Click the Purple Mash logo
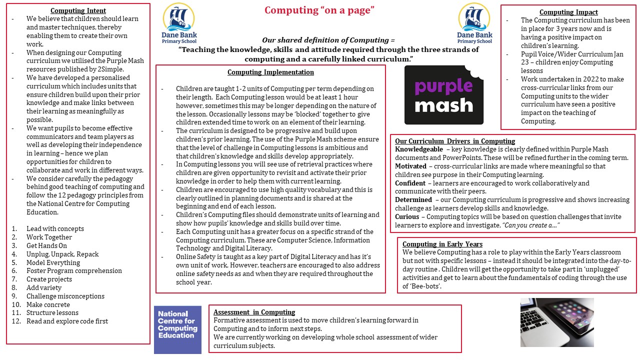tap(444, 95)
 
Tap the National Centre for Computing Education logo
tap(177, 329)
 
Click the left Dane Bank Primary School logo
tap(178, 23)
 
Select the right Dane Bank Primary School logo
tap(474, 23)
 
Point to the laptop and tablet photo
tap(557, 322)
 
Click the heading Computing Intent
tap(78, 10)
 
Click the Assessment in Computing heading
tap(254, 312)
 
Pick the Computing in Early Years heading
tap(442, 244)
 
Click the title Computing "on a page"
tap(319, 10)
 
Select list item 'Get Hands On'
tap(46, 245)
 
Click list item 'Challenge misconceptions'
tap(65, 296)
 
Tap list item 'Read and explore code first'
tap(67, 321)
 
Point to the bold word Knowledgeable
tap(418, 149)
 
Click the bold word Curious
tap(407, 216)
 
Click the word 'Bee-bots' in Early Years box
tap(424, 286)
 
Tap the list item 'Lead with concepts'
tap(55, 228)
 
